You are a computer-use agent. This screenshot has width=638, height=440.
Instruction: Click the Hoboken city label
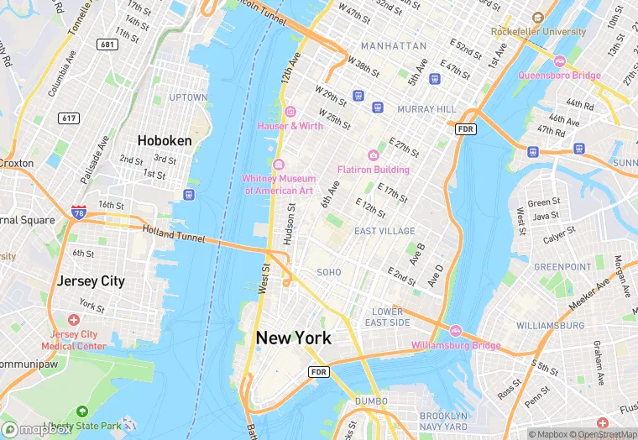(165, 140)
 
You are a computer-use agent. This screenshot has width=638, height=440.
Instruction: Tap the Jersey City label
(90, 281)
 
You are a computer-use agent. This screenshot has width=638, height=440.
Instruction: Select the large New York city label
(293, 338)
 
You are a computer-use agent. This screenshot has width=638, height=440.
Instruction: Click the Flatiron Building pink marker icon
(374, 155)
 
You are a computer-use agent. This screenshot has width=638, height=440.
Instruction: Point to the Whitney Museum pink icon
(279, 164)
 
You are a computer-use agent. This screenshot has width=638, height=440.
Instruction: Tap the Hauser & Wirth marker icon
(290, 112)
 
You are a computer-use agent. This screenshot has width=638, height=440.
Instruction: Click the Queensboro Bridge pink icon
(560, 61)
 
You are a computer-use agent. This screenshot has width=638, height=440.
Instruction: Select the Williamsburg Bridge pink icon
(456, 331)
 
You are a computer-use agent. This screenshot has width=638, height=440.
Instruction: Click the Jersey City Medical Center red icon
(74, 320)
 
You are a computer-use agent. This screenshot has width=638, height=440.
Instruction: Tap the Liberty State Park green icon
(81, 411)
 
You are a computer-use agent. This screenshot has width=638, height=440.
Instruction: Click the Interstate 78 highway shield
(79, 213)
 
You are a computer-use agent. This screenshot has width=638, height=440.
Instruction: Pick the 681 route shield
(107, 44)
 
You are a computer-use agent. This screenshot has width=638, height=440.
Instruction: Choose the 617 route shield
(69, 118)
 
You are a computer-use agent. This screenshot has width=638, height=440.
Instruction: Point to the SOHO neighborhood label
(329, 272)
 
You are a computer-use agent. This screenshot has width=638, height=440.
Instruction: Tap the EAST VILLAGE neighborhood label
(384, 231)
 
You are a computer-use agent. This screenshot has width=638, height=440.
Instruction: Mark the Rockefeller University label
(538, 32)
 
